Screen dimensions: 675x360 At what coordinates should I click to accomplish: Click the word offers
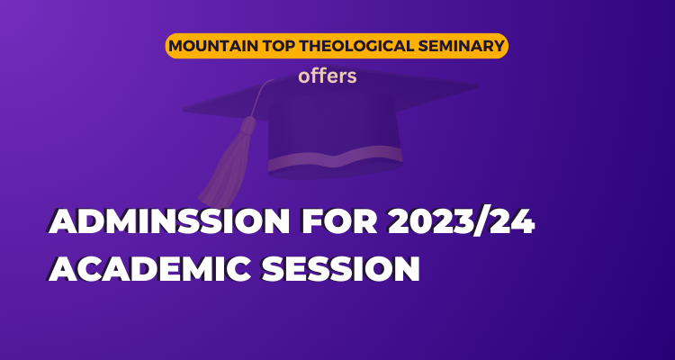(328, 76)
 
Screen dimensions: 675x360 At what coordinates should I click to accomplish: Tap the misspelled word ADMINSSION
(169, 222)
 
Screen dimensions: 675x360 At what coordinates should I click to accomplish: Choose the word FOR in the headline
(339, 222)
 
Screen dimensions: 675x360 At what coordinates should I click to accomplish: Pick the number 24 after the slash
(511, 222)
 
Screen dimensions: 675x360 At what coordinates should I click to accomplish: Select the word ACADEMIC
(148, 269)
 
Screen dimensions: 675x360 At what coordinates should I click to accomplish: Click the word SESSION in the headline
(341, 269)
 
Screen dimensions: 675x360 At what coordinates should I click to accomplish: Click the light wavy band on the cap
(335, 157)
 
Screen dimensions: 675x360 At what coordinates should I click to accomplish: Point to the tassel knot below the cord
(247, 125)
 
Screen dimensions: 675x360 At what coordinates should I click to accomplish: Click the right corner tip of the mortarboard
(476, 86)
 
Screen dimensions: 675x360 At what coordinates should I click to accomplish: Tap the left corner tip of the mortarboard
(185, 110)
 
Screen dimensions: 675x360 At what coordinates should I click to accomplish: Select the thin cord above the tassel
(260, 97)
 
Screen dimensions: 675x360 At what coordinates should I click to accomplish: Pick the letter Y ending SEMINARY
(498, 46)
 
